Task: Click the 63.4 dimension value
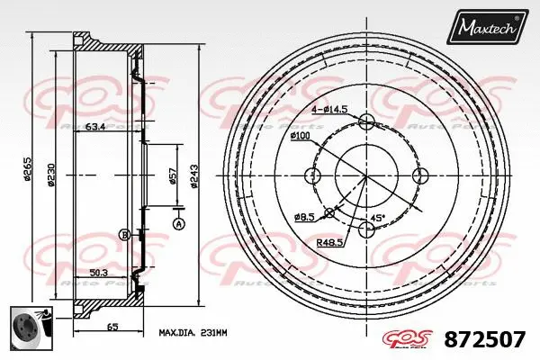(x=94, y=126)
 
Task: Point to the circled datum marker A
(x=177, y=223)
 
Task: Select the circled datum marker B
(x=124, y=235)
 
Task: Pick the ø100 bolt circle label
(x=301, y=136)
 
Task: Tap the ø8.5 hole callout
(x=305, y=217)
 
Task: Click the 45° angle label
(x=379, y=218)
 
